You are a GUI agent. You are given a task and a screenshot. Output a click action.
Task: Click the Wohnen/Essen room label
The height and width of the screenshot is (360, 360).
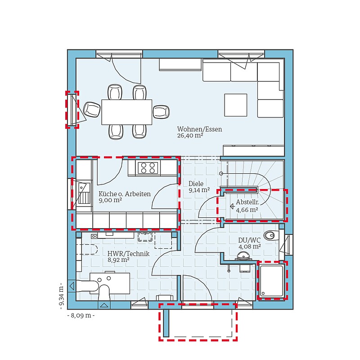(x=199, y=129)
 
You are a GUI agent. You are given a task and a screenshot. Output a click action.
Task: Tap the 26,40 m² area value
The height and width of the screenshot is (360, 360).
(x=190, y=135)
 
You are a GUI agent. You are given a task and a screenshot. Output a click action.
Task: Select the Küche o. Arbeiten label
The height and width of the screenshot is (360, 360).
(x=125, y=194)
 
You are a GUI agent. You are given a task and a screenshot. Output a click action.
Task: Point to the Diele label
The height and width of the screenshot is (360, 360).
(x=196, y=184)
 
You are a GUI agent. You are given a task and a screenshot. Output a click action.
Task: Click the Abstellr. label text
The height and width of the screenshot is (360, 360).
(x=247, y=202)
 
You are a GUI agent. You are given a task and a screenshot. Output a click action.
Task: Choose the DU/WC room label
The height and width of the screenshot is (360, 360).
(x=249, y=240)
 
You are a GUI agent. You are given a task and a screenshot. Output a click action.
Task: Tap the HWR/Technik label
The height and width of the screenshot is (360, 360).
(x=128, y=254)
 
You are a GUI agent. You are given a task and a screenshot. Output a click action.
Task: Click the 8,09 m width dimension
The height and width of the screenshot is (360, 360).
(x=81, y=315)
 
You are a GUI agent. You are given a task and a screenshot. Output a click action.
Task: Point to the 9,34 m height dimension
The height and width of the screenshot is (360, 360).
(x=61, y=296)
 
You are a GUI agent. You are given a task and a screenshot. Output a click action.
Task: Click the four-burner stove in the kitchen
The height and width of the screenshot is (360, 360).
(x=148, y=167)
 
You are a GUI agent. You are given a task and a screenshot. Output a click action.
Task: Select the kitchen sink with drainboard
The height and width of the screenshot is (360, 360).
(x=84, y=193)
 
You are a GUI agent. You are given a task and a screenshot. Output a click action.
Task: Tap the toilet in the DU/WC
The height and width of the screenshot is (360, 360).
(x=271, y=235)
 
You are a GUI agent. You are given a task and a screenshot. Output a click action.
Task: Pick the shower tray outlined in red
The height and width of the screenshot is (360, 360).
(x=272, y=281)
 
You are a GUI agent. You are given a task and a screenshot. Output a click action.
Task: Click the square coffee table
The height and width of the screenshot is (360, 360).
(x=236, y=105)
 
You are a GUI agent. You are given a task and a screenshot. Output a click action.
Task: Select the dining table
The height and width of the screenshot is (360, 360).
(x=127, y=112)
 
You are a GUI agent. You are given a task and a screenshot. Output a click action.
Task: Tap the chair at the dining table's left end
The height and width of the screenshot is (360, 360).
(x=92, y=109)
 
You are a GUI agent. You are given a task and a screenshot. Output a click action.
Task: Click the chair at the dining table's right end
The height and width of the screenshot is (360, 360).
(x=162, y=112)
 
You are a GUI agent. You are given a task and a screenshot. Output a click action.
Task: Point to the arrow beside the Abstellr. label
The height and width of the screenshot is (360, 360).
(x=232, y=207)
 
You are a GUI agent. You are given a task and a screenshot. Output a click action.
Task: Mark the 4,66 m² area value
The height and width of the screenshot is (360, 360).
(x=247, y=210)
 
